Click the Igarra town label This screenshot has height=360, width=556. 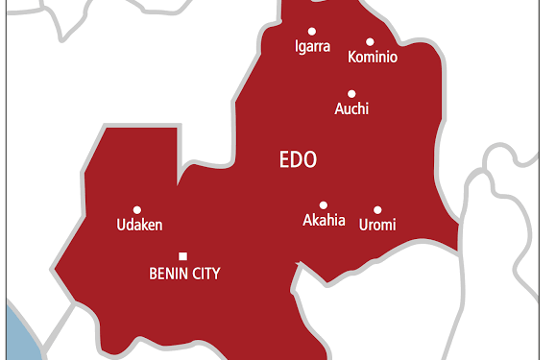[x=312, y=45]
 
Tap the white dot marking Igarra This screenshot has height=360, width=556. [x=312, y=30]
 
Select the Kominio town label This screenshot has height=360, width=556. [x=373, y=58]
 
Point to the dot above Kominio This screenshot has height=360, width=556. [x=370, y=42]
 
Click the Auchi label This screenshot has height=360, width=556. [x=351, y=108]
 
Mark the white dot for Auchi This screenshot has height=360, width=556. [x=351, y=93]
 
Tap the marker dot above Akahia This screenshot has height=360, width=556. [x=324, y=204]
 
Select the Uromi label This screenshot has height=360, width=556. [x=376, y=225]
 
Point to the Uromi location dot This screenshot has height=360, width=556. [x=377, y=209]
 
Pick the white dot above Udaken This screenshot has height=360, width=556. [x=137, y=209]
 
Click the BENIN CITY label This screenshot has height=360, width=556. [x=184, y=274]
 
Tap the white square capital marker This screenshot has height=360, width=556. [x=183, y=255]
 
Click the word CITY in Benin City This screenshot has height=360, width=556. [x=205, y=274]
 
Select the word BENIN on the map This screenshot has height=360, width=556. [x=168, y=274]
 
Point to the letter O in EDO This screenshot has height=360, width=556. [x=309, y=159]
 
